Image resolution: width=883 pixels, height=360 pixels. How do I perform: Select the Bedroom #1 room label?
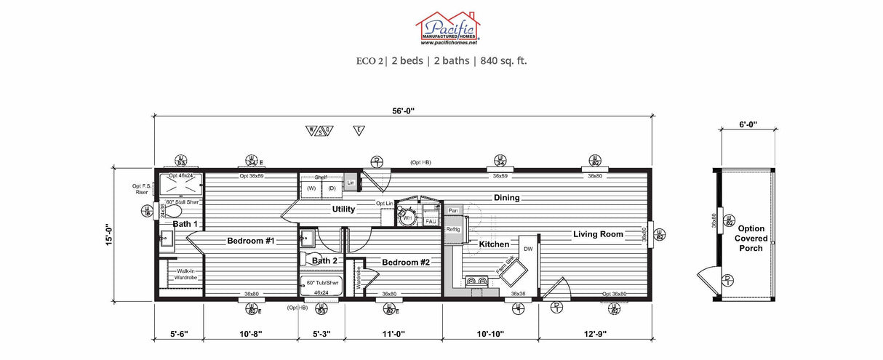tap(250, 241)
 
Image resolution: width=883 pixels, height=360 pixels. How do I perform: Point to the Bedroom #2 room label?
tap(405, 262)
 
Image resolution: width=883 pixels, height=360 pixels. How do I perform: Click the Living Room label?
tap(598, 233)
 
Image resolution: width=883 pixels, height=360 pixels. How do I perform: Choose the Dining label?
tap(507, 197)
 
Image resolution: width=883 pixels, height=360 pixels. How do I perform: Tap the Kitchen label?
tap(494, 244)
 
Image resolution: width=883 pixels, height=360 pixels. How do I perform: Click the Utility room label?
tap(343, 209)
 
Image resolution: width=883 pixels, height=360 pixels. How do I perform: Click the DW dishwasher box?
tap(527, 249)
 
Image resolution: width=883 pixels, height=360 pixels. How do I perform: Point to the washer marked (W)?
tap(311, 188)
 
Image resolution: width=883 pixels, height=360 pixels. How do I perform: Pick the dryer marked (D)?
tap(332, 188)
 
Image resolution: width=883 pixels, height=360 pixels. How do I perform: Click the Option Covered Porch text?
tap(750, 238)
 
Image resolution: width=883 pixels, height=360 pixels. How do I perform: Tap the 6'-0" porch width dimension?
tap(747, 124)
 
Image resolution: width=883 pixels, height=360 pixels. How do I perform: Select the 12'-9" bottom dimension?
tap(594, 334)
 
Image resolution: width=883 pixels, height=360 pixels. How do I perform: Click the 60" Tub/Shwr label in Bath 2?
tap(321, 282)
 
